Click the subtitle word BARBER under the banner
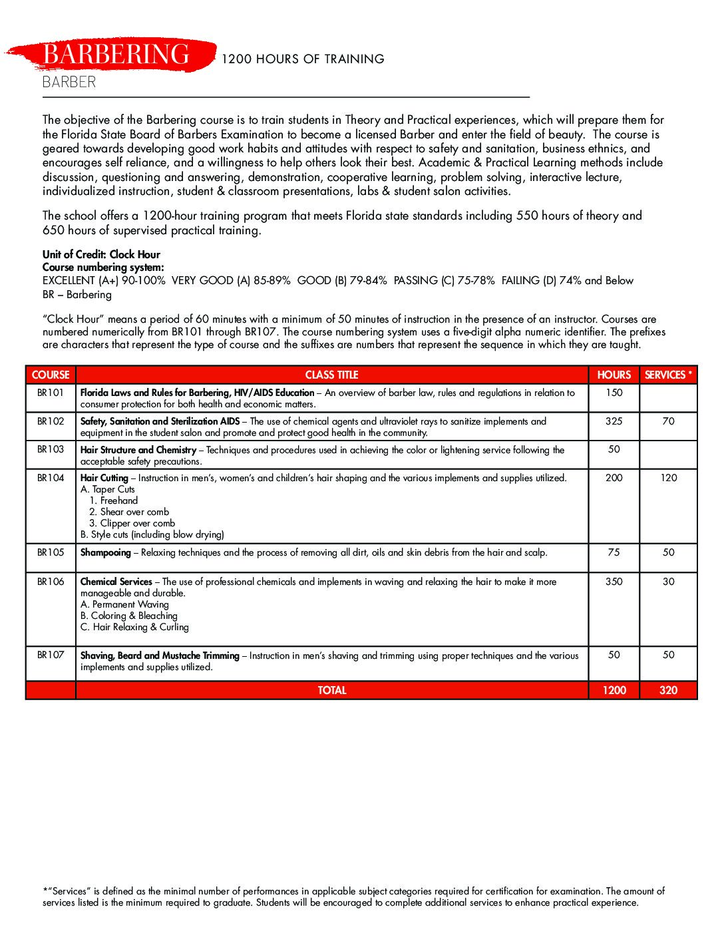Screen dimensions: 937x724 point(69,83)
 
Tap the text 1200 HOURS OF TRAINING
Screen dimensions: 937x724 point(303,59)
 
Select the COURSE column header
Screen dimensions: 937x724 point(51,375)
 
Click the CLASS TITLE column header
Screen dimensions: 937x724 point(331,375)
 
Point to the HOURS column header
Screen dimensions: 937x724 point(614,375)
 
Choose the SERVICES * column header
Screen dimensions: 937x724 point(668,375)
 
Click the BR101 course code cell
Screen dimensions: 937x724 point(51,393)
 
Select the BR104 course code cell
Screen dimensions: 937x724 point(51,478)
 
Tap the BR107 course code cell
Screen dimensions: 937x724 point(51,655)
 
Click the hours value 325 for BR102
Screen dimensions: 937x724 point(614,421)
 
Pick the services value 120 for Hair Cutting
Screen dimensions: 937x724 point(668,478)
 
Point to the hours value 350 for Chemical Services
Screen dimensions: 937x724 point(614,582)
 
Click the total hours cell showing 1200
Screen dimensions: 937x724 point(614,690)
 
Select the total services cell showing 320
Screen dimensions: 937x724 point(668,690)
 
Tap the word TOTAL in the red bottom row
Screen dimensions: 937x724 point(331,690)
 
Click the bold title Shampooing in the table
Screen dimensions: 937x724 point(106,552)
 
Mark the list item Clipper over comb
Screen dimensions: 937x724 point(137,523)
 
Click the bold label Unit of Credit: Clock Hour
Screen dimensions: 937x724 point(101,254)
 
